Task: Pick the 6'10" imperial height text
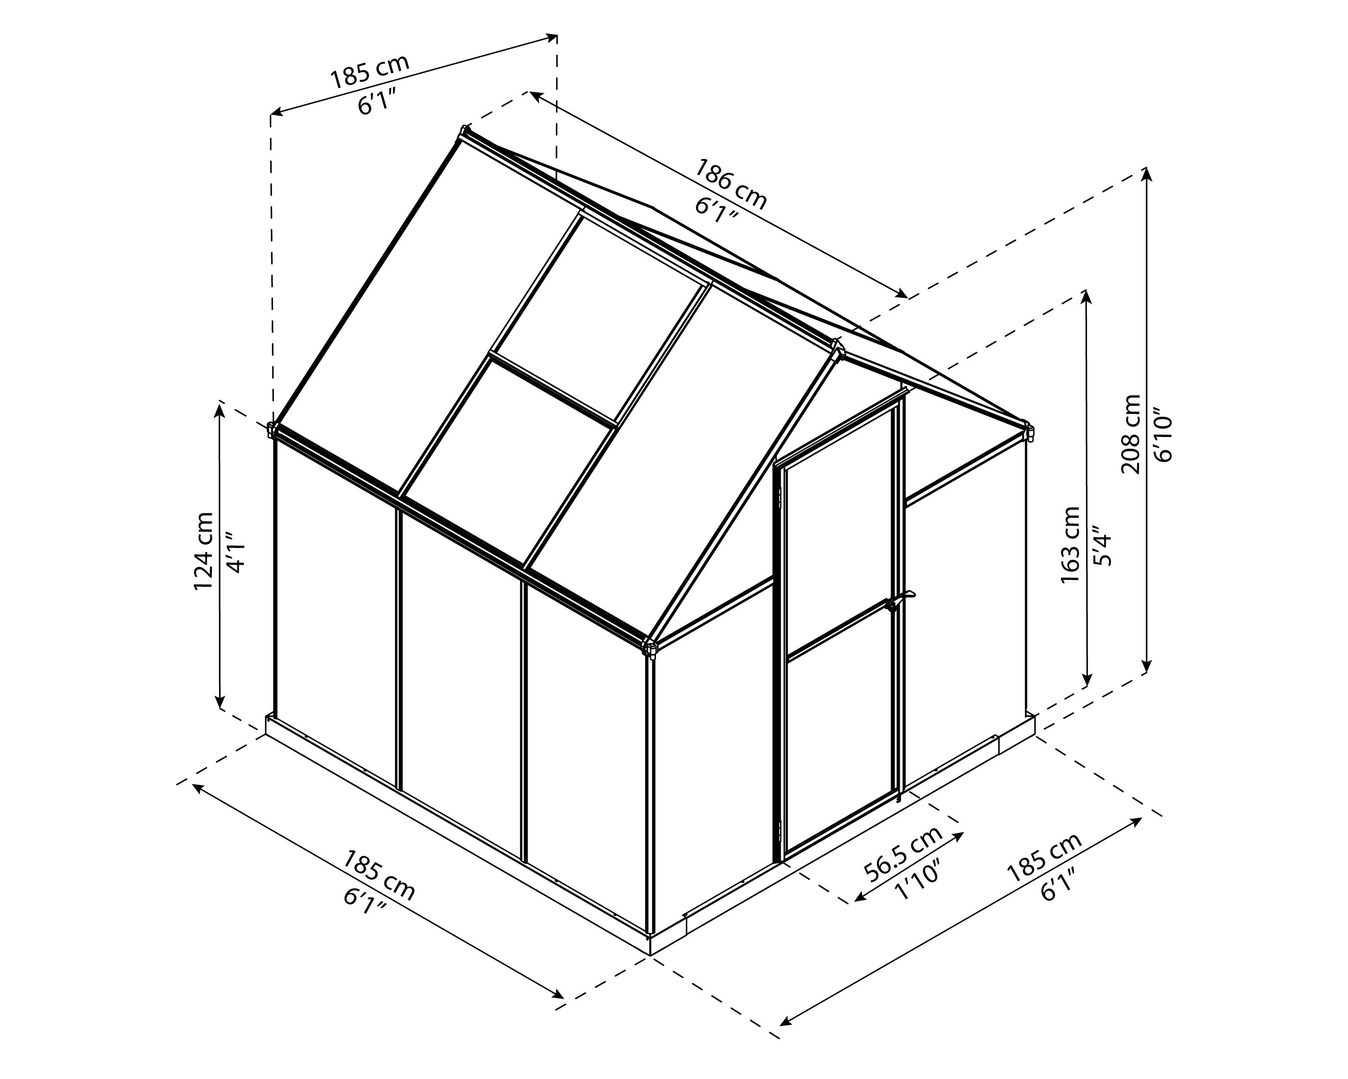click(x=1164, y=435)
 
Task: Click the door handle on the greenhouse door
click(x=898, y=601)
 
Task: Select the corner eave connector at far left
click(x=272, y=429)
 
